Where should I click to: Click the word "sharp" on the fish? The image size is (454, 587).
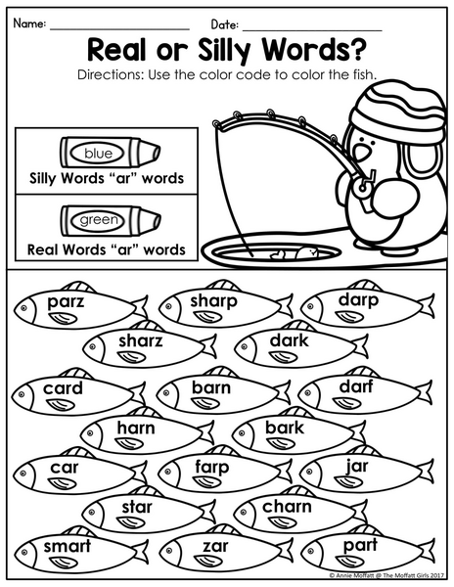(213, 301)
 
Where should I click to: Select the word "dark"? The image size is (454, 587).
(289, 340)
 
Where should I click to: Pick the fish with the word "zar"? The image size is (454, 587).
(226, 551)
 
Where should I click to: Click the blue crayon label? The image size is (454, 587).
(98, 154)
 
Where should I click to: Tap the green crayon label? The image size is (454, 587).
(99, 220)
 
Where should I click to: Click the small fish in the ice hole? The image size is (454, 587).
(306, 252)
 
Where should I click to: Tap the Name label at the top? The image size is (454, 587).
(29, 23)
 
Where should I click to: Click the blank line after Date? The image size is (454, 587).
(312, 30)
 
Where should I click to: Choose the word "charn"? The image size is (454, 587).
(287, 507)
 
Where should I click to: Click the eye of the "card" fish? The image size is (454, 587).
(22, 394)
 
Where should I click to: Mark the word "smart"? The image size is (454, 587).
(68, 546)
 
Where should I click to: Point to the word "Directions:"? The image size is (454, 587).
(110, 74)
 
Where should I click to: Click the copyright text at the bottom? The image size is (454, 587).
(386, 575)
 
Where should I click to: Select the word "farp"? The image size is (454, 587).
(212, 468)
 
